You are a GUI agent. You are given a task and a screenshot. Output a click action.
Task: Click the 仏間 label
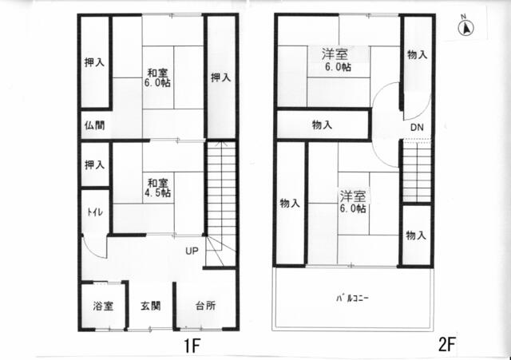[x=94, y=125]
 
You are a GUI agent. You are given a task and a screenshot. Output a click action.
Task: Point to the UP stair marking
[x=192, y=251]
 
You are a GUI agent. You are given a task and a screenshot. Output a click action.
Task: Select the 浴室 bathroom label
[x=102, y=306]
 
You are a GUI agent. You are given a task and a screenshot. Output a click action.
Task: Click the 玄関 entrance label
[x=151, y=306]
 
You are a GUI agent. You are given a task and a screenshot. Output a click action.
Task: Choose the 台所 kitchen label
[x=204, y=306]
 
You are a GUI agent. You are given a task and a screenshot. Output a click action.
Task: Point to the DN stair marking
[x=418, y=128]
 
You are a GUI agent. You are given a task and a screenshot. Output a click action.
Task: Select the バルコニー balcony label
[x=351, y=299]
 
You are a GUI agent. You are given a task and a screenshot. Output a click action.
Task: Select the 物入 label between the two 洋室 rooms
[x=323, y=125]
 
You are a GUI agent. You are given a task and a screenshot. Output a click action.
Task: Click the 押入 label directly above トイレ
[x=94, y=164]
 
